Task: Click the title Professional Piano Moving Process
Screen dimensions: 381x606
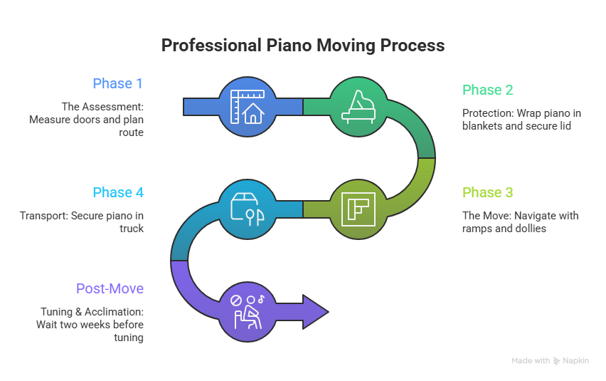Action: (x=302, y=46)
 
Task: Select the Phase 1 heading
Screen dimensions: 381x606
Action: (x=117, y=83)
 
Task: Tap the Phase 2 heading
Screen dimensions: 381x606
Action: (x=487, y=90)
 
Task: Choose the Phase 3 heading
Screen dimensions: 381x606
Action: (x=487, y=192)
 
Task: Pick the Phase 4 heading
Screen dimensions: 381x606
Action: (x=117, y=192)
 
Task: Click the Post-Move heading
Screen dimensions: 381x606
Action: (x=110, y=288)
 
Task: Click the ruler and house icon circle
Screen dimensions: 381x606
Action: (x=247, y=107)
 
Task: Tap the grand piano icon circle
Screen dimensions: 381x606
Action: (x=358, y=107)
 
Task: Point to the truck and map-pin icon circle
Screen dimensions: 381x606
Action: (x=247, y=209)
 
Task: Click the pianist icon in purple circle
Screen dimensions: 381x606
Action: (x=247, y=311)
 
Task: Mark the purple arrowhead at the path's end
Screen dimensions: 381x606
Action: (x=316, y=311)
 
